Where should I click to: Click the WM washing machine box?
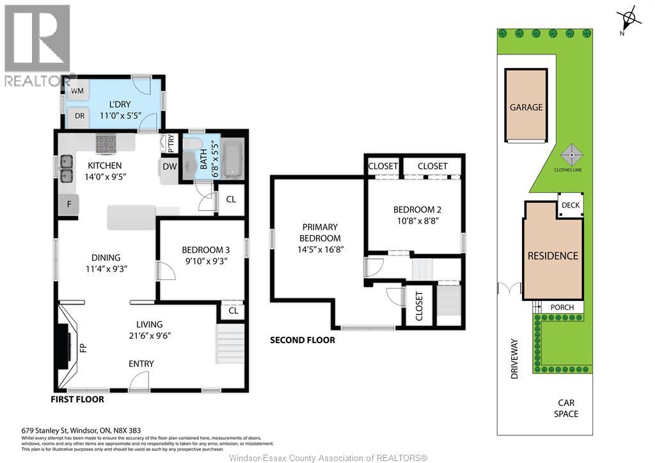tap(77, 91)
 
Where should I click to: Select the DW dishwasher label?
tap(170, 167)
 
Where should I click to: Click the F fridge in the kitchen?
tap(68, 204)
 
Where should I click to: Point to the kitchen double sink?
tap(67, 168)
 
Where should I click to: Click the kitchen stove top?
tap(106, 143)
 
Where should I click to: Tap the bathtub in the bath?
tap(232, 159)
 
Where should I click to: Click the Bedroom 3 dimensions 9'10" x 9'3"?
tap(206, 261)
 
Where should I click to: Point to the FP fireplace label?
tap(83, 348)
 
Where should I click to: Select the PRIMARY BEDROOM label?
tap(320, 232)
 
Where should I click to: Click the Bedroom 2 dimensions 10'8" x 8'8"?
tap(417, 220)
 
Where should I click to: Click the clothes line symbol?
tap(571, 155)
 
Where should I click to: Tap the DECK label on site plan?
tap(571, 205)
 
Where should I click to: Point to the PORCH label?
tap(562, 307)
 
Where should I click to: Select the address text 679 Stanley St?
tap(45, 430)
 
